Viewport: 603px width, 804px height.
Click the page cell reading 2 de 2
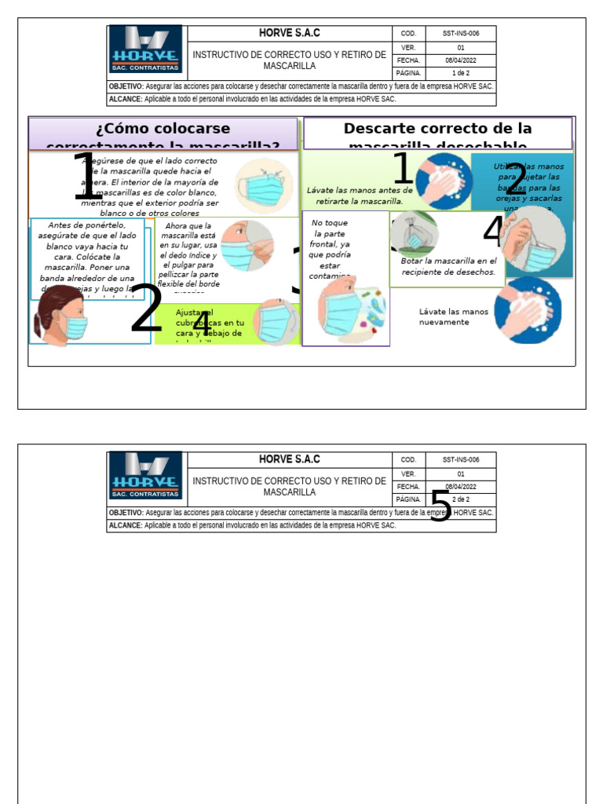pyautogui.click(x=461, y=499)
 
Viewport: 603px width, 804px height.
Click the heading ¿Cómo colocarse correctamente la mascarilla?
pyautogui.click(x=163, y=134)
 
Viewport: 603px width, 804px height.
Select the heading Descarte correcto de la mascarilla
pyautogui.click(x=438, y=134)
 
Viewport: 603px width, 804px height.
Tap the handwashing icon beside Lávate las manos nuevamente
pyautogui.click(x=532, y=310)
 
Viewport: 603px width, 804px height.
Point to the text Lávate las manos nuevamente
pyautogui.click(x=453, y=316)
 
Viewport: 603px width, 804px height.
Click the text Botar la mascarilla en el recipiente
pyautogui.click(x=448, y=266)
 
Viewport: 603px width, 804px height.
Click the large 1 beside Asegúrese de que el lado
pyautogui.click(x=86, y=177)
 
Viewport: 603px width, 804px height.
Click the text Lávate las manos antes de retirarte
pyautogui.click(x=359, y=196)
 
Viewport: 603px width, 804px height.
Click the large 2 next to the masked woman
pyautogui.click(x=146, y=309)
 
